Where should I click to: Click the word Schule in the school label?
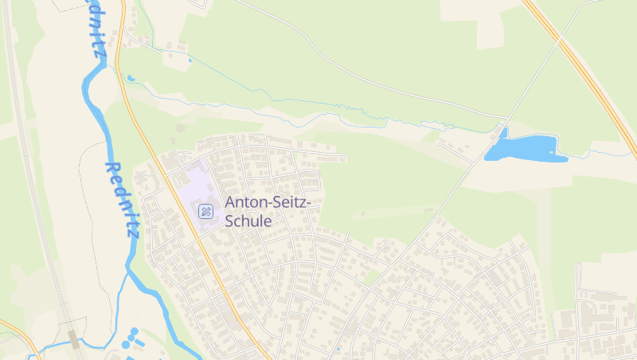[248, 221]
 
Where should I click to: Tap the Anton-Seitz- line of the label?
[268, 203]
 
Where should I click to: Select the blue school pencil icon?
[205, 211]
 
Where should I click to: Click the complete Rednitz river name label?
[123, 199]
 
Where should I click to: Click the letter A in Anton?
[231, 203]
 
